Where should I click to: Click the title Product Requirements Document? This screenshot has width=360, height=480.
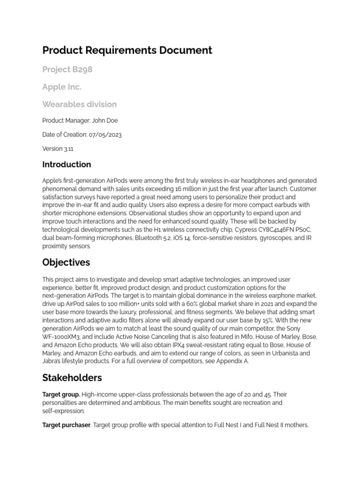pos(127,50)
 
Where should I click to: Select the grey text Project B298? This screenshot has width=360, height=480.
pos(67,69)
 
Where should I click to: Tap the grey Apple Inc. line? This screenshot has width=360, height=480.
pos(61,87)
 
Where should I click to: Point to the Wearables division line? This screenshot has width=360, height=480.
pos(79,104)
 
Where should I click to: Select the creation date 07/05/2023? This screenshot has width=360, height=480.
pos(105,135)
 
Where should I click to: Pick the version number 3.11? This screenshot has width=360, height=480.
pos(68,149)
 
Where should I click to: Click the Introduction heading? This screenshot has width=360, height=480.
pos(67,165)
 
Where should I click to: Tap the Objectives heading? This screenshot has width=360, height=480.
pos(66,262)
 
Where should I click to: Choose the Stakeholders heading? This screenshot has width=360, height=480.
pos(72,377)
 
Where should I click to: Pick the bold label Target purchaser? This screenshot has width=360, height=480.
pos(66,425)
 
